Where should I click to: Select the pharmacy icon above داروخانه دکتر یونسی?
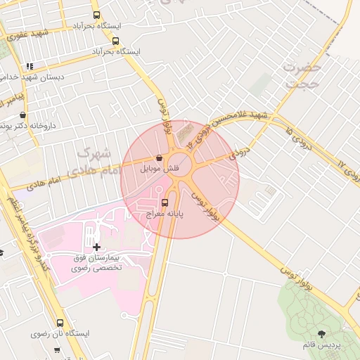pyautogui.click(x=22, y=115)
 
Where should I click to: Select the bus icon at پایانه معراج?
pyautogui.click(x=165, y=202)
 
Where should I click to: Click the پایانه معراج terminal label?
pyautogui.click(x=165, y=213)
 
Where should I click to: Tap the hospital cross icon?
pyautogui.click(x=96, y=247)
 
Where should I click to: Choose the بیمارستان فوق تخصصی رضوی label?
pyautogui.click(x=97, y=263)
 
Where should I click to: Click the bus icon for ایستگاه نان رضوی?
pyautogui.click(x=60, y=323)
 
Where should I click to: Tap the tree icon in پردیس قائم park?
pyautogui.click(x=321, y=334)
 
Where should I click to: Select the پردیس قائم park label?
pyautogui.click(x=322, y=346)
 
